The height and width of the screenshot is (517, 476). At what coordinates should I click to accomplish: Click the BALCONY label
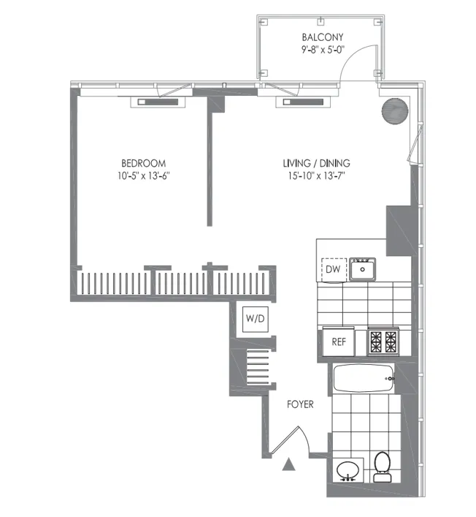click(323, 37)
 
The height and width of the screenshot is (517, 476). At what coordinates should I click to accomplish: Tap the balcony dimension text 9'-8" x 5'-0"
click(323, 50)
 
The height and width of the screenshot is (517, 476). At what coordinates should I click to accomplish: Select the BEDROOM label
click(144, 163)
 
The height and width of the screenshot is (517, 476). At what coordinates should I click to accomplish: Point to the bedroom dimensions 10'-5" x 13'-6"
click(144, 176)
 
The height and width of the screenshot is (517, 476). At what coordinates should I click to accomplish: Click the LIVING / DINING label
click(316, 163)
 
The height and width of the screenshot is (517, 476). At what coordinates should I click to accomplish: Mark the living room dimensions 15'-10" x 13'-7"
click(316, 176)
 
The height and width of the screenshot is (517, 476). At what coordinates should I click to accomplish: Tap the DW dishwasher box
click(334, 270)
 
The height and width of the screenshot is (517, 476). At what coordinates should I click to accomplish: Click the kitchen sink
click(362, 269)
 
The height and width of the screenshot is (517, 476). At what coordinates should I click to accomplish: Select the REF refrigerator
click(339, 341)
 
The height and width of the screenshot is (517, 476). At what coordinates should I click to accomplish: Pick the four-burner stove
click(383, 341)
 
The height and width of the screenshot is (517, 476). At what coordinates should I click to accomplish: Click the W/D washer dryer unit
click(255, 319)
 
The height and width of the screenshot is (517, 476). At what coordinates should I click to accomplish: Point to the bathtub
click(364, 378)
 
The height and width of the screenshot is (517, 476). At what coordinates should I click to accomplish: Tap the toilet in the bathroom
click(382, 467)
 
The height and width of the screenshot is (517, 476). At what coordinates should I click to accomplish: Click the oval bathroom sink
click(348, 470)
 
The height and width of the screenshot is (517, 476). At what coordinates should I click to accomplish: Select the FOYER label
click(300, 404)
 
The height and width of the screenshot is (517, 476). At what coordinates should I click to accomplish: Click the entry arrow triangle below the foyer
click(288, 464)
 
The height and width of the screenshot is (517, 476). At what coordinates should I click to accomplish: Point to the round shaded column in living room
click(395, 111)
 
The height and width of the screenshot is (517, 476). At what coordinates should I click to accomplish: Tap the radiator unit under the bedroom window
click(158, 102)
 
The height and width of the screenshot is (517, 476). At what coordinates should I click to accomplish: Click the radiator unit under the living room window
click(303, 102)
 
